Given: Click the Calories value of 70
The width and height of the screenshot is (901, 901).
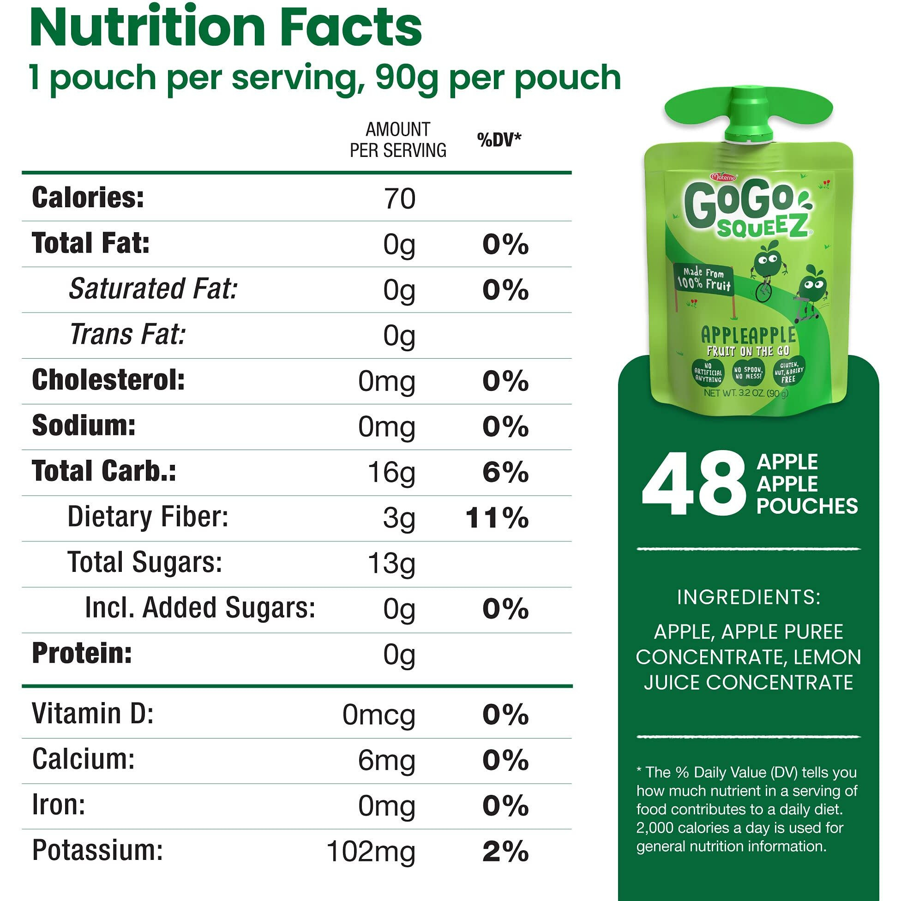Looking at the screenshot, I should (x=399, y=198).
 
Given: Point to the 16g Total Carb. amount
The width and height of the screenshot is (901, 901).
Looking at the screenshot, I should (x=391, y=472).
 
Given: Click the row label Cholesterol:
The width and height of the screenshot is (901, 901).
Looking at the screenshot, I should (x=108, y=379).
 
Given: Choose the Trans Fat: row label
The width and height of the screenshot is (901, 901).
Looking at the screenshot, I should (x=128, y=334).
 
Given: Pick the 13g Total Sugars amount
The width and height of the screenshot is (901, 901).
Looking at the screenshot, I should (x=391, y=564).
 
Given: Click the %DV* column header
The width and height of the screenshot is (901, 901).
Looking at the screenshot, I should (x=499, y=139).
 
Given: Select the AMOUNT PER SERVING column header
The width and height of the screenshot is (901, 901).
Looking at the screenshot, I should (x=398, y=140).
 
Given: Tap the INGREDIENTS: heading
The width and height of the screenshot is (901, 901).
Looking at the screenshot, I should (x=749, y=597).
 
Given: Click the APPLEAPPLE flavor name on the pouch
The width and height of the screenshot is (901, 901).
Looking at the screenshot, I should (x=749, y=335).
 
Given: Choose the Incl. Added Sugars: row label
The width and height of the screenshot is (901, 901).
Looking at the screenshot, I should (x=200, y=608).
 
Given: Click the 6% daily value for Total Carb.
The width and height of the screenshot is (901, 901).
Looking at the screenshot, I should (x=505, y=472).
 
